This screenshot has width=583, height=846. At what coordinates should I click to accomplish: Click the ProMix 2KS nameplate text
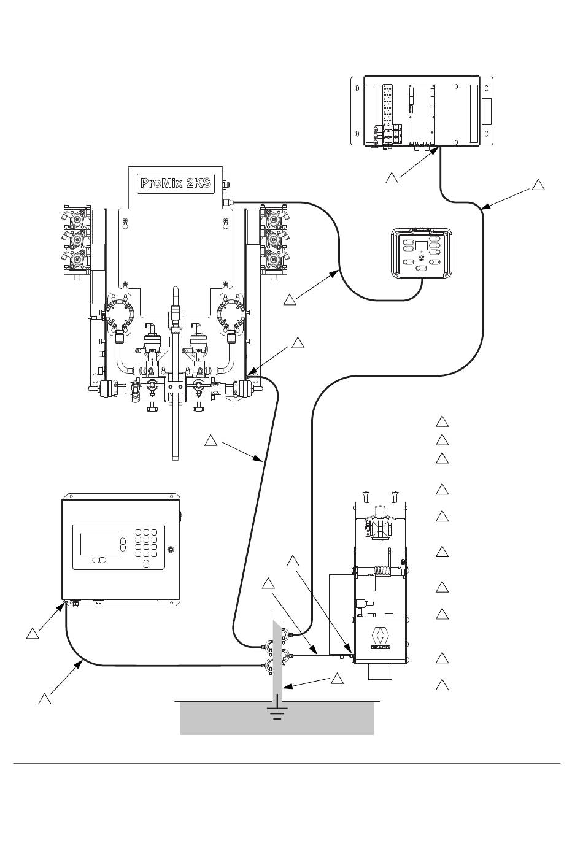176,183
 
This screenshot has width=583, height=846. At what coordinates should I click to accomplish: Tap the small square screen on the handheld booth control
421,246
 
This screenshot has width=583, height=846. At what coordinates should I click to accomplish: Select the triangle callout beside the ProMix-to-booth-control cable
290,300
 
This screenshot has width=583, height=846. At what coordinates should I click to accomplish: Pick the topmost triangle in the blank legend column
442,421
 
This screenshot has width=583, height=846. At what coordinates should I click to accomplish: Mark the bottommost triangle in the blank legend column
442,685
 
